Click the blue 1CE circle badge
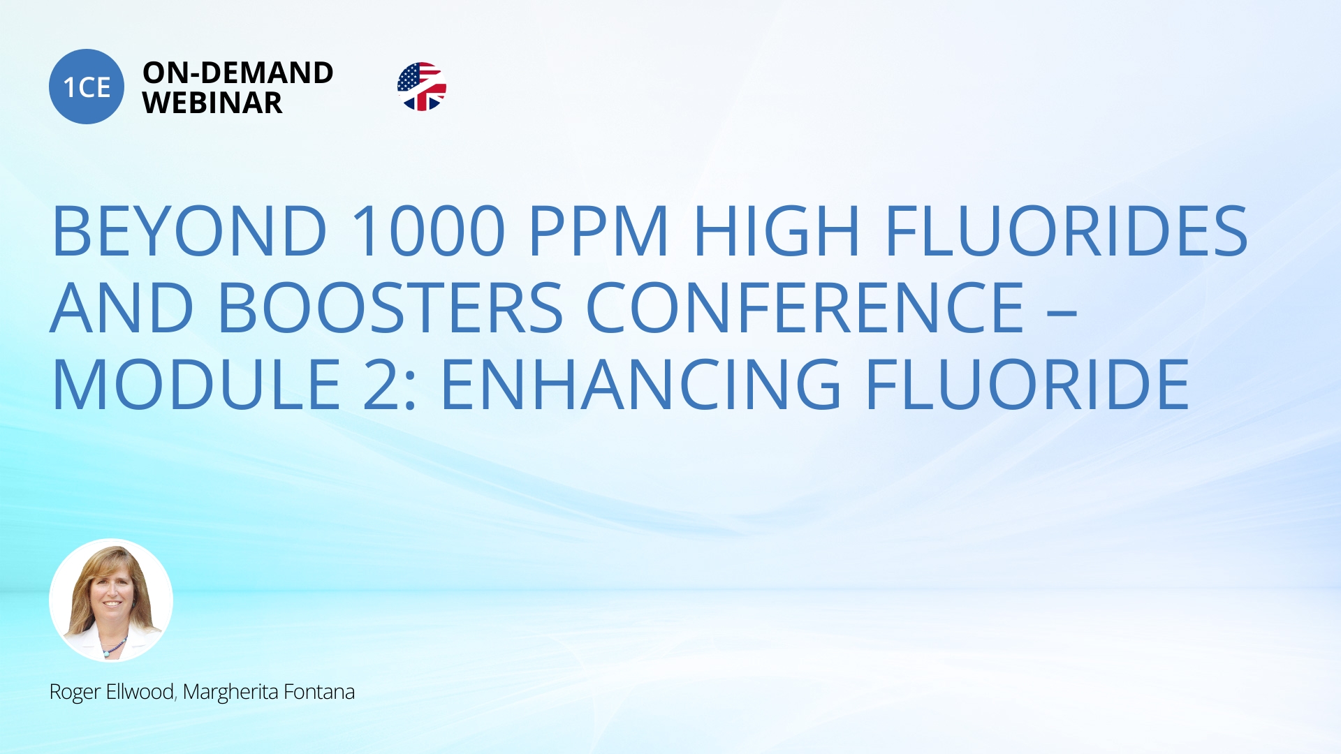[x=87, y=87]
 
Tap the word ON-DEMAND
[x=238, y=73]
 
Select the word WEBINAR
[x=212, y=103]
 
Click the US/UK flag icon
[x=422, y=87]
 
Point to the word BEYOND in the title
[x=189, y=230]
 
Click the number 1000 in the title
[x=428, y=230]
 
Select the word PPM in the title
[x=599, y=230]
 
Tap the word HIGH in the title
[x=776, y=230]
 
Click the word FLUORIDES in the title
[x=1067, y=230]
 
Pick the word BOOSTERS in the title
[x=391, y=307]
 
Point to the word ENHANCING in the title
[x=641, y=384]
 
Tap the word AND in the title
[x=122, y=307]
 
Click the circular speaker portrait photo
[x=111, y=600]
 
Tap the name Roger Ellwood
[x=112, y=692]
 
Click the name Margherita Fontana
[x=269, y=692]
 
